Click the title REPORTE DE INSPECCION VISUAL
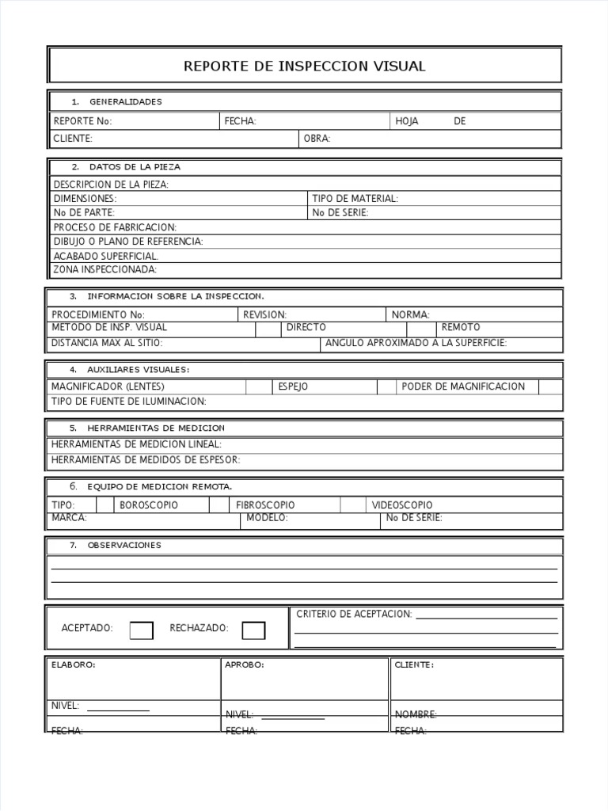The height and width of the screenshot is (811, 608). tap(304, 67)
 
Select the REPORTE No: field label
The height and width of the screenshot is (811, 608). tap(82, 121)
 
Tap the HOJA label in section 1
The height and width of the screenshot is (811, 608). tap(406, 121)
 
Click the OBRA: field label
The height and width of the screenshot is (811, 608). tap(317, 139)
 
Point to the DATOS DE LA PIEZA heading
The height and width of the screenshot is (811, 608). tap(135, 167)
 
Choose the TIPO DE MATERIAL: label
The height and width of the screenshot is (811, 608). tap(355, 199)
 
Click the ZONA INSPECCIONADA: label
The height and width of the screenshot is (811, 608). tap(104, 269)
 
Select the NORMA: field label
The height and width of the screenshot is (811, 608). tap(410, 314)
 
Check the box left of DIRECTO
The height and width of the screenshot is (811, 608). tap(268, 328)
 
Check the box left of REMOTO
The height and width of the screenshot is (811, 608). tap(422, 328)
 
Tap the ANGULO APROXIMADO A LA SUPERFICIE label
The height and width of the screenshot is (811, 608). tap(416, 343)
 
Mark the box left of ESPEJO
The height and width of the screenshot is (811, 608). tap(258, 386)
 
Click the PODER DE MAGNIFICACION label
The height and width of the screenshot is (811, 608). tap(463, 386)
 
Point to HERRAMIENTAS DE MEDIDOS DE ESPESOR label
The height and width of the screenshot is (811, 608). tap(146, 459)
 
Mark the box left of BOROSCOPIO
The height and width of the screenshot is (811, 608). tap(105, 505)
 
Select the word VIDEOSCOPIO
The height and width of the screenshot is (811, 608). tap(402, 505)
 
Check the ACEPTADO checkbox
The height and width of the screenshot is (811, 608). tap(141, 630)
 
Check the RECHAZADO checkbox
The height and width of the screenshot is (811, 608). tap(253, 630)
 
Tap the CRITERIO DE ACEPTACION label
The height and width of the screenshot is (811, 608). tap(354, 615)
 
